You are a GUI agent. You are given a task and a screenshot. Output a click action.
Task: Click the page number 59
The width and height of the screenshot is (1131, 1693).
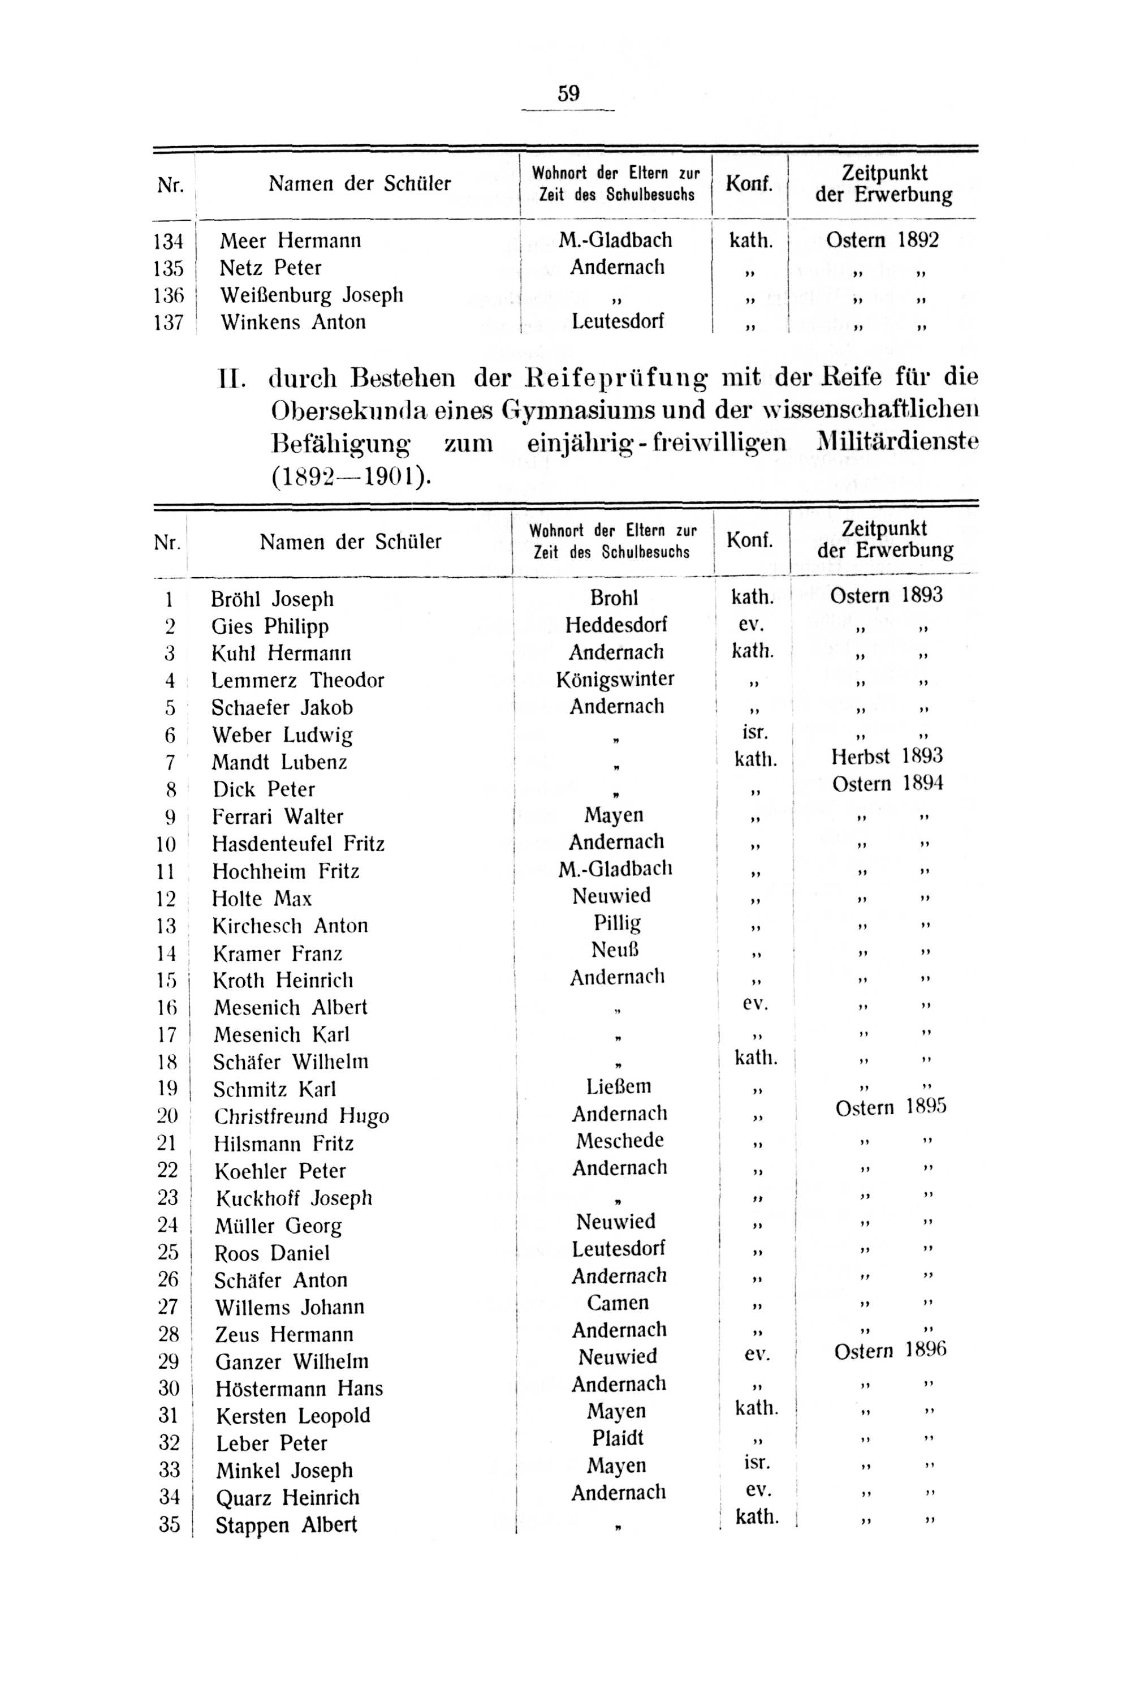568,94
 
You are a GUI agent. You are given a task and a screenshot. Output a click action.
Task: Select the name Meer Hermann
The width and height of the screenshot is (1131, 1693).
290,240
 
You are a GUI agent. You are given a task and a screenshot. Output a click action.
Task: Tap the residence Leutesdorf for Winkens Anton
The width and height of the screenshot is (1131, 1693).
618,321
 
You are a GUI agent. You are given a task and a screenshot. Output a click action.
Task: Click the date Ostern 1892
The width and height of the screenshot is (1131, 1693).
882,239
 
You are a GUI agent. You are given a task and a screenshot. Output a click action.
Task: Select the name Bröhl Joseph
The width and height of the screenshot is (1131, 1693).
272,599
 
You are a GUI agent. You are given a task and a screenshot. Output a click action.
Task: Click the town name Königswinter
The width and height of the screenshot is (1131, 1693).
615,679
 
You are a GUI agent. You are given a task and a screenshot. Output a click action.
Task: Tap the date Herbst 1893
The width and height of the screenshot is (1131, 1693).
887,757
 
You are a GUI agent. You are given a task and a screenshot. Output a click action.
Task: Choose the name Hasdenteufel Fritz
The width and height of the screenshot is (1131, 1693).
298,844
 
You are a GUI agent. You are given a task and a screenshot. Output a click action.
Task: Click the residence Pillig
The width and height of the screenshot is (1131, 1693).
617,923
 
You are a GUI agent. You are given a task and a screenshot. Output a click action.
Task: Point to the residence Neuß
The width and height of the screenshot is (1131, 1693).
615,949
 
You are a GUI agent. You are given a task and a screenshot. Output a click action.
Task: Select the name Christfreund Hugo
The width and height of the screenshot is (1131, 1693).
301,1116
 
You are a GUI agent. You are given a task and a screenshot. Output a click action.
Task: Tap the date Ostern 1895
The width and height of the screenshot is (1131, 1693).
890,1107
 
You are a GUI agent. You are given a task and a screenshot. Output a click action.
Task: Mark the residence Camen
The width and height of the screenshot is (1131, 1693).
618,1303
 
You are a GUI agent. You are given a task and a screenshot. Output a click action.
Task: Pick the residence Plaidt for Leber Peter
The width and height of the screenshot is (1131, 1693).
618,1438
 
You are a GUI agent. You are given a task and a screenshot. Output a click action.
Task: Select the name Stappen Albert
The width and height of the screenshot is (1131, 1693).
286,1525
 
